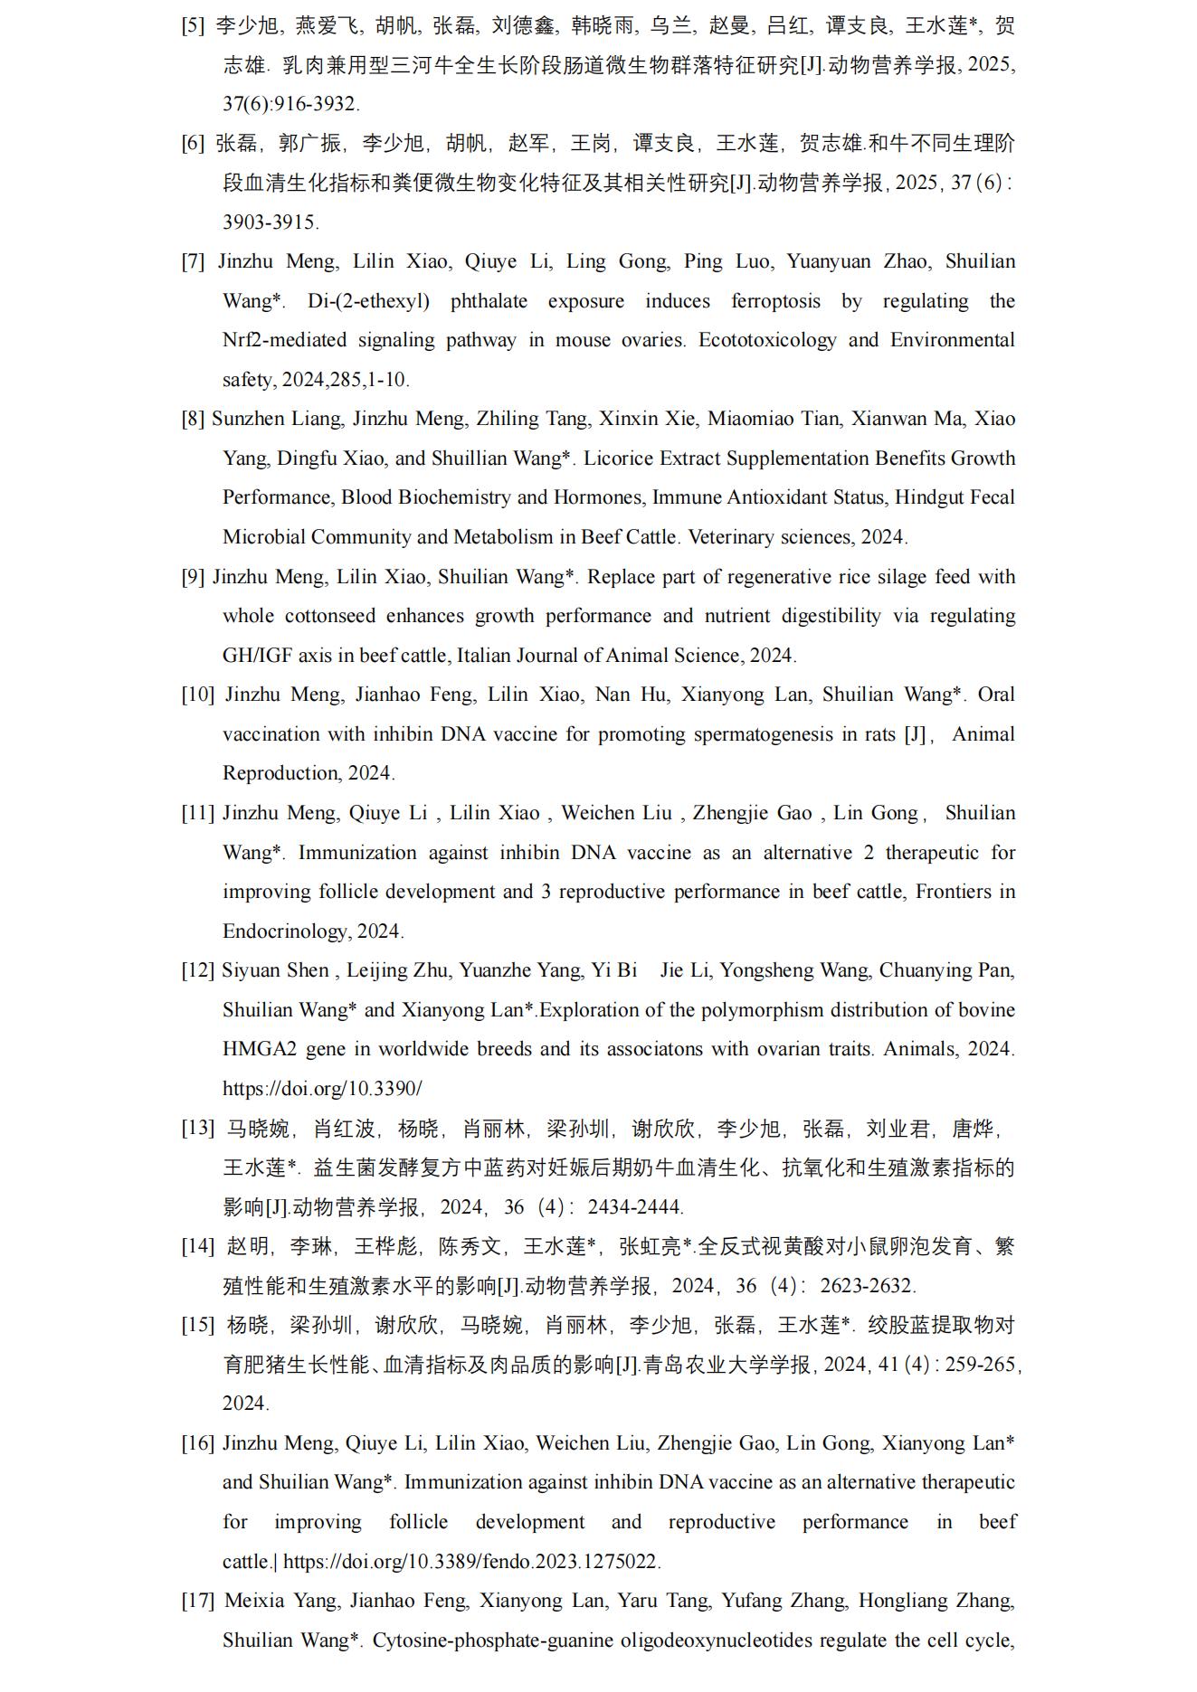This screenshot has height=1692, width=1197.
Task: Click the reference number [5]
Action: [x=193, y=25]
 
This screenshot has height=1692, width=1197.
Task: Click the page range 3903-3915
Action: [x=270, y=222]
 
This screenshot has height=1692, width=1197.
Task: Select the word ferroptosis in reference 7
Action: [x=775, y=301]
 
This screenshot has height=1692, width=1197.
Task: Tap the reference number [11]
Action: [x=197, y=813]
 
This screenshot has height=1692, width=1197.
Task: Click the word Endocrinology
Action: [x=285, y=931]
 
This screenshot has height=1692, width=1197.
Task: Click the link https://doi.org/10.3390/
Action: [x=322, y=1089]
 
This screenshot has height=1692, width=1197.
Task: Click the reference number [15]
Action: [x=197, y=1325]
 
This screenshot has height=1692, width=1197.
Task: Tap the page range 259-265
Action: [x=980, y=1365]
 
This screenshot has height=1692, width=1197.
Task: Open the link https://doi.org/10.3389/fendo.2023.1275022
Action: [x=471, y=1562]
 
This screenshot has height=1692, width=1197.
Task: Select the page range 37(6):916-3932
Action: [x=290, y=104]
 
